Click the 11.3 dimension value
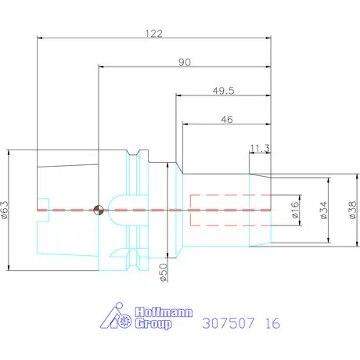(x=260, y=147)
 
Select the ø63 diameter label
(x=6, y=210)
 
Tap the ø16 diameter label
(x=297, y=210)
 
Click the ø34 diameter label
(x=323, y=210)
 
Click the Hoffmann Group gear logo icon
(x=118, y=317)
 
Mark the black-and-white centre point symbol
(x=98, y=210)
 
